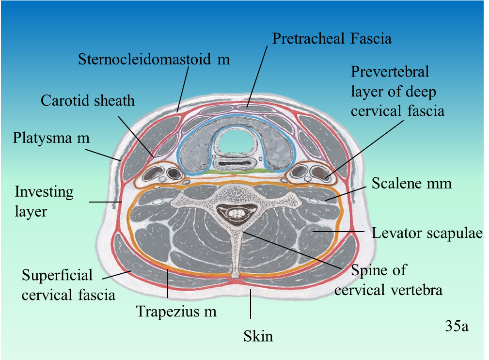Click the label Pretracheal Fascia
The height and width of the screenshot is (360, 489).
pos(331,38)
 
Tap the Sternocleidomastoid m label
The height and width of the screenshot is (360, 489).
pos(154,60)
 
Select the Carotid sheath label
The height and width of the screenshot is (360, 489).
pos(87,101)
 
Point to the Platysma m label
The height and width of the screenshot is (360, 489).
pos(51,138)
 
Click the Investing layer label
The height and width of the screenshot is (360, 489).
pos(44,201)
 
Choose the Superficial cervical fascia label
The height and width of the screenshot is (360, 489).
pos(68,284)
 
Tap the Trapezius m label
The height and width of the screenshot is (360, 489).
pos(176,311)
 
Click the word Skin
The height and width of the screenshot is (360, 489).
pos(258,336)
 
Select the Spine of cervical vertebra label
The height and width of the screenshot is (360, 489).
pos(388,280)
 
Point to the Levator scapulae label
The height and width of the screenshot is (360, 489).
pos(427,233)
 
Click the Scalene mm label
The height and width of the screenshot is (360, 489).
pos(411,184)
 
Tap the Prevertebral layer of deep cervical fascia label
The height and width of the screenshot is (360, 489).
pos(397,92)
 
